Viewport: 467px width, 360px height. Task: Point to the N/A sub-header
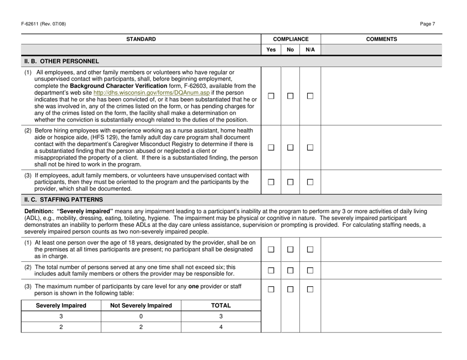[x=310, y=50]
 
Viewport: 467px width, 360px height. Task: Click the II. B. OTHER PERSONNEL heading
[x=61, y=61]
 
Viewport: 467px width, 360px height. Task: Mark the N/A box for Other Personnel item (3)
[x=310, y=182]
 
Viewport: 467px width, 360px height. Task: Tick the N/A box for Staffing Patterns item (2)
[x=310, y=270]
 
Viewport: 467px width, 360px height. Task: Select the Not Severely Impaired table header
[x=141, y=305]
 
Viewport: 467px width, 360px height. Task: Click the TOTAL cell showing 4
[x=221, y=327]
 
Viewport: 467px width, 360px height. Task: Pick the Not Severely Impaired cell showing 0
[x=141, y=316]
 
